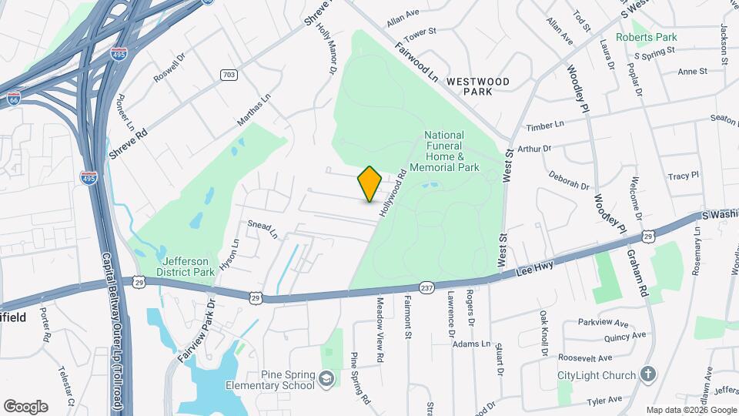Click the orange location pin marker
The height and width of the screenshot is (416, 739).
tap(370, 184)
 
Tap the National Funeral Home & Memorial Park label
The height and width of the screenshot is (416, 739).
tap(452, 151)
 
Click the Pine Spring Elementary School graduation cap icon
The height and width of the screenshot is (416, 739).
tap(327, 378)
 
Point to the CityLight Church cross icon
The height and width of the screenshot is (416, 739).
tap(648, 375)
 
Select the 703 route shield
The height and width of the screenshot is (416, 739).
tap(228, 75)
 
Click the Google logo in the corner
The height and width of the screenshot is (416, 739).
tap(25, 406)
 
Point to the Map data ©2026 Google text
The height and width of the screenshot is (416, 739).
tap(691, 410)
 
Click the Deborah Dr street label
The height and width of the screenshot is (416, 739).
tap(569, 180)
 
